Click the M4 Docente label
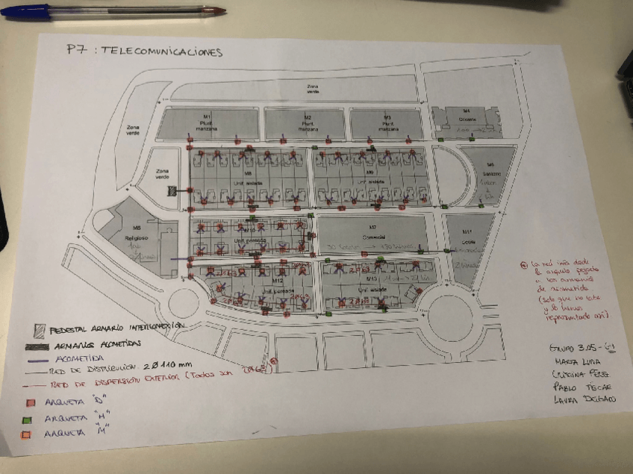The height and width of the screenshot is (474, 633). [x=466, y=117]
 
